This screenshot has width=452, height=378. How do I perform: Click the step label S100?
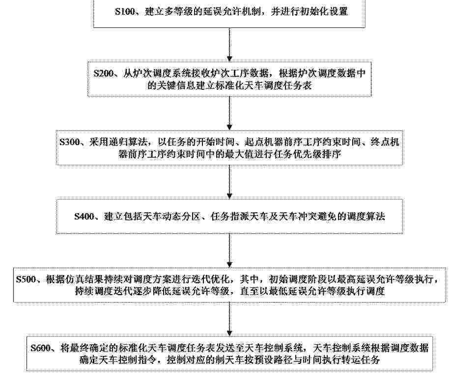(125, 11)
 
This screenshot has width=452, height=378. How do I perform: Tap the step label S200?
(104, 73)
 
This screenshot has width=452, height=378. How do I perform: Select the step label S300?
(69, 142)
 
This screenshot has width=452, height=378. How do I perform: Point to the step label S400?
(85, 216)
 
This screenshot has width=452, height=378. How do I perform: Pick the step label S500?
(26, 279)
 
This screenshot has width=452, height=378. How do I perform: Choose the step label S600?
(41, 348)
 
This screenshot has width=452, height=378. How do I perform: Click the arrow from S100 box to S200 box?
(229, 45)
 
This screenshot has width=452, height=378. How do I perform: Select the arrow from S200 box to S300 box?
(229, 113)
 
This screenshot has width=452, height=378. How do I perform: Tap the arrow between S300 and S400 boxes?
(229, 182)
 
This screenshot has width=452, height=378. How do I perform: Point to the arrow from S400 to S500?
(229, 251)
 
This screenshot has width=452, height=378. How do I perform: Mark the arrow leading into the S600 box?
(229, 319)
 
